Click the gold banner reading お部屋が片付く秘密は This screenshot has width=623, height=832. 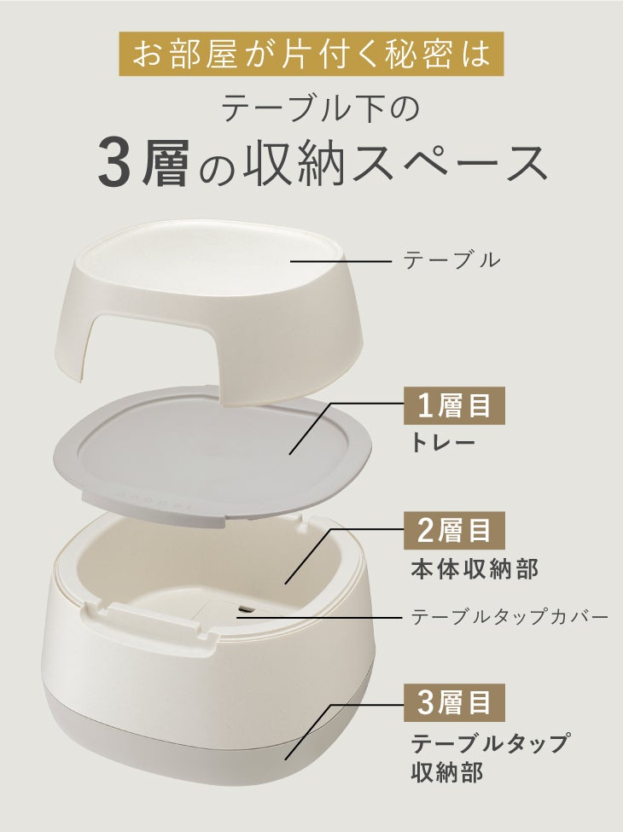coord(311,54)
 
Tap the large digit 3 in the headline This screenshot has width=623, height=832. coord(115,164)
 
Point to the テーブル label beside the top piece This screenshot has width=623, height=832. coord(451,260)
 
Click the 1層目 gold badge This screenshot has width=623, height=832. coord(454,406)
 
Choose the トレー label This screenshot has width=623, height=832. coord(443,443)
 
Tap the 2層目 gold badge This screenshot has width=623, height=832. coord(454,531)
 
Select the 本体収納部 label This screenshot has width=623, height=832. coord(474,569)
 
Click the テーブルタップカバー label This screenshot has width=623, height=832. coord(509,617)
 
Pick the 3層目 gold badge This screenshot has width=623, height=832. coord(454,702)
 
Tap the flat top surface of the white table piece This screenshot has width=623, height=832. coord(213,254)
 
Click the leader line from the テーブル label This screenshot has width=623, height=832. coord(341,260)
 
